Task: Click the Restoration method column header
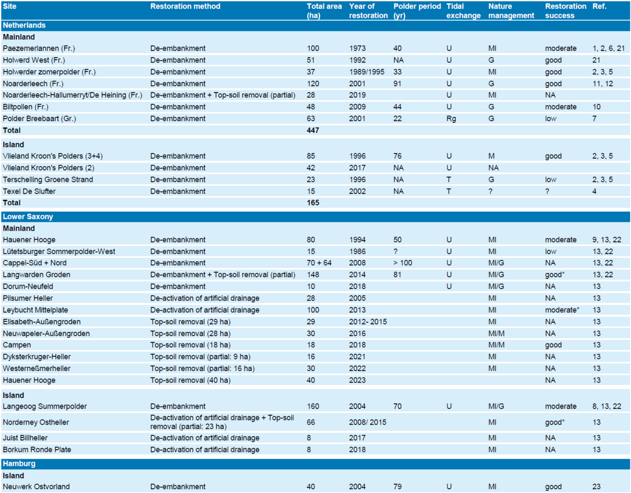click(x=185, y=6)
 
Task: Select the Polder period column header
click(x=417, y=11)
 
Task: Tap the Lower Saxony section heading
click(x=28, y=217)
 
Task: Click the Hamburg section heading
click(x=19, y=464)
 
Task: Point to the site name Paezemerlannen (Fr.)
click(x=39, y=48)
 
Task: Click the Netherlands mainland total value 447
click(x=313, y=130)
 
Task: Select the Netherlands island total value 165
click(x=313, y=203)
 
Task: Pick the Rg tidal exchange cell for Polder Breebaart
click(x=451, y=119)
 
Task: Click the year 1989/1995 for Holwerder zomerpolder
click(x=367, y=72)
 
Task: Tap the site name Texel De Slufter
click(x=29, y=191)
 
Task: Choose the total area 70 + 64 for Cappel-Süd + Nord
click(x=319, y=263)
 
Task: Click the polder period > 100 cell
click(x=403, y=263)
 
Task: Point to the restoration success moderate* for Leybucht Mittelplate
click(x=562, y=310)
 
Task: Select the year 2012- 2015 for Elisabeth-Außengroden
click(x=368, y=322)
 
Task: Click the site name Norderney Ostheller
click(x=36, y=422)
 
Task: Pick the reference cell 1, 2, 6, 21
click(x=608, y=48)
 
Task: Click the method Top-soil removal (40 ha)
click(x=190, y=380)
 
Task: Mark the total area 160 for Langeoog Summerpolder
click(x=313, y=406)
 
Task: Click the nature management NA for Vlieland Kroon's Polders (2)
click(x=494, y=168)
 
